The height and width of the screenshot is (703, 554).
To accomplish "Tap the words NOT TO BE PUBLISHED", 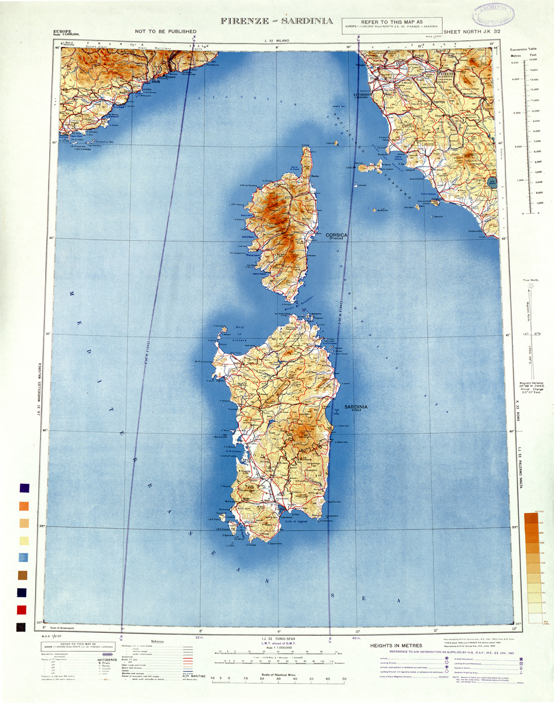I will [x=166, y=32].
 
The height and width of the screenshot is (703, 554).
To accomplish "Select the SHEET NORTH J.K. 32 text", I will [x=472, y=32].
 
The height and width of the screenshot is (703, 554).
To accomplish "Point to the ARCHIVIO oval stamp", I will [x=493, y=12].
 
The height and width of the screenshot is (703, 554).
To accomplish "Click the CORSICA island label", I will [x=337, y=235].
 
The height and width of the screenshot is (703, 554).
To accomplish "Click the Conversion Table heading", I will [x=523, y=49].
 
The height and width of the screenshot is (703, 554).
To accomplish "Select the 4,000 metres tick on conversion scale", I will [x=516, y=79].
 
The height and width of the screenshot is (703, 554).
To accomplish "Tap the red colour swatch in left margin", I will [x=21, y=610].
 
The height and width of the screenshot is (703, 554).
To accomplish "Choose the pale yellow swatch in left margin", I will [x=24, y=541].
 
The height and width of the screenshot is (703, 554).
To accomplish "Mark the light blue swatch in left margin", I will [x=23, y=558].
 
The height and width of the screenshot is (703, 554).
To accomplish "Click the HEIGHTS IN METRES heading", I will [x=396, y=645].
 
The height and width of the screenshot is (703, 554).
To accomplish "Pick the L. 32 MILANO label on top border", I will [x=276, y=41].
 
